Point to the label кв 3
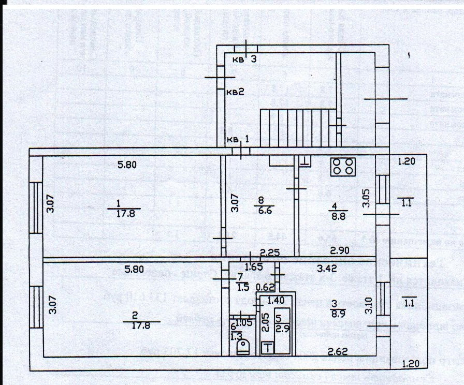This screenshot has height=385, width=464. click(244, 59)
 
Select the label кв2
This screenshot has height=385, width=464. click(235, 93)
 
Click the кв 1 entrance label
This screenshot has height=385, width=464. click(240, 139)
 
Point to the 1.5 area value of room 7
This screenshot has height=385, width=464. click(242, 286)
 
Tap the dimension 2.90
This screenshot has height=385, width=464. click(339, 250)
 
